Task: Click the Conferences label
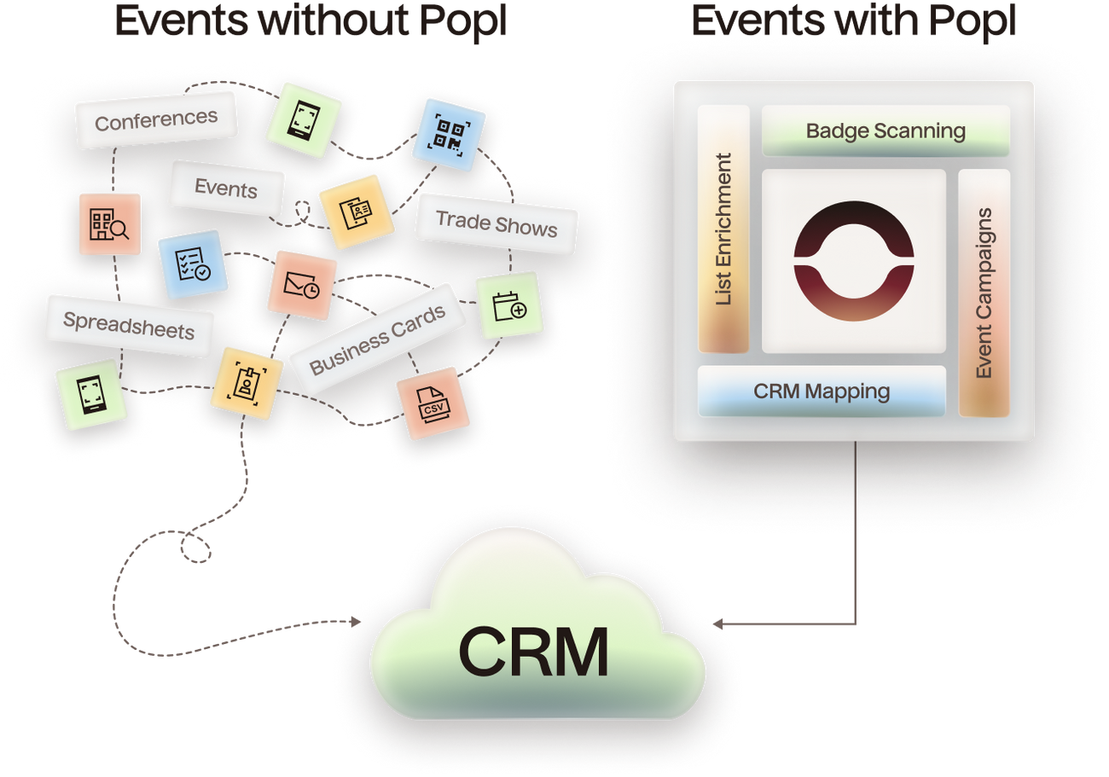coord(155,120)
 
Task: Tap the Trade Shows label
coord(496,223)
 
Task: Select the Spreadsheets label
coord(129,325)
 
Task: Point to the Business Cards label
coord(378,339)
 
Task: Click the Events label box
coord(226,187)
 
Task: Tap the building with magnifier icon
coord(109,223)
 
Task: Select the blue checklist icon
coord(190,264)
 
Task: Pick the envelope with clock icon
coord(301,285)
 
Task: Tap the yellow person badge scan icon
coord(246,383)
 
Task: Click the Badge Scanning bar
coord(885,131)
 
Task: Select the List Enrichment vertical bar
coord(723,229)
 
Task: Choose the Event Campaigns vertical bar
coord(984,293)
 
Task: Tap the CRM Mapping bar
coord(822,391)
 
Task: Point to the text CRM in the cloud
coord(534,652)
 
